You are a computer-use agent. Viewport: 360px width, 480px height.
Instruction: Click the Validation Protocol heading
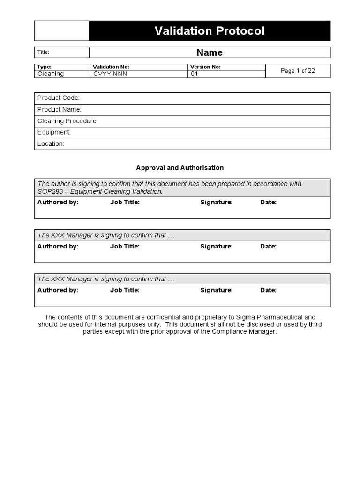click(210, 31)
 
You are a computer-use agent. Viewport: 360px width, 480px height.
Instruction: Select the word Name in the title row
click(210, 52)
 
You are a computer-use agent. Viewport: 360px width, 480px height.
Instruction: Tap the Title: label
click(44, 52)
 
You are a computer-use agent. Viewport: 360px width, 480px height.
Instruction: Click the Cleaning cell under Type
click(51, 74)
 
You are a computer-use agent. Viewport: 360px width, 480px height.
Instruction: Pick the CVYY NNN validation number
click(110, 74)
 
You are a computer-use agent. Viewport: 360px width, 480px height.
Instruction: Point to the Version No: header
click(205, 67)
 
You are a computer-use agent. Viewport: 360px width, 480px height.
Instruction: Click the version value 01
click(195, 74)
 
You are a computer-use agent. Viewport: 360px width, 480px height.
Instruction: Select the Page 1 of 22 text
click(298, 71)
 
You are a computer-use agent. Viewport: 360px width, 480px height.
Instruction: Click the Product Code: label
click(59, 98)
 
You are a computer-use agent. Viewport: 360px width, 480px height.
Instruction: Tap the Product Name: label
click(60, 109)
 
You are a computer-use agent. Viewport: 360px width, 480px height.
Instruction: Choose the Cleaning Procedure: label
click(67, 121)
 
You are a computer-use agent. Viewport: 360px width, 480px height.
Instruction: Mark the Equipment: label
click(54, 132)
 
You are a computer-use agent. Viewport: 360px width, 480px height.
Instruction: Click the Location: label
click(51, 144)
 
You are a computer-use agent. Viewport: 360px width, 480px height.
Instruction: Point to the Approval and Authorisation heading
click(180, 168)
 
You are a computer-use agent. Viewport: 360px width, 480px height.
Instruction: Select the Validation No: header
click(111, 67)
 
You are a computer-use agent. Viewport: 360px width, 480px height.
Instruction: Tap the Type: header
click(45, 67)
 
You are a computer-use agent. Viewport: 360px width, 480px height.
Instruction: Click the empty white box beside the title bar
click(61, 31)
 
